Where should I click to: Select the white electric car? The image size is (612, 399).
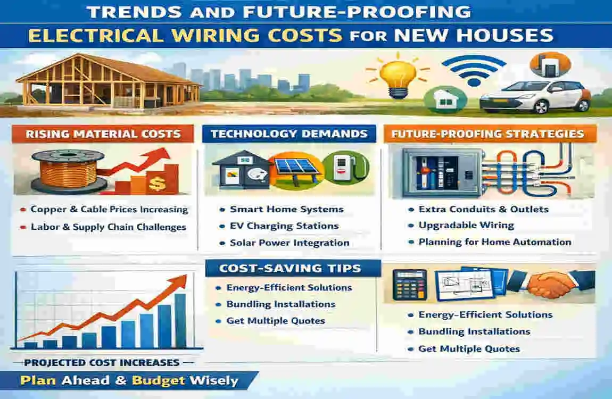[x=535, y=97]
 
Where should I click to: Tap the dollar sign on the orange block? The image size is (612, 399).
[x=158, y=184]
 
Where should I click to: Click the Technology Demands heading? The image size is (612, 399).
[x=289, y=134]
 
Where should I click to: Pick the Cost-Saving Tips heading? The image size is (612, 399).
[x=290, y=268]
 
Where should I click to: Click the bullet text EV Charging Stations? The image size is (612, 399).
[x=284, y=226]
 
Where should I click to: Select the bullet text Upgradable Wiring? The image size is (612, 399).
[x=466, y=225]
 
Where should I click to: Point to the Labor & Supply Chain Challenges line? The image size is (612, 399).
[x=109, y=227]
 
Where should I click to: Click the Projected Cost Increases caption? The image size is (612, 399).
[x=102, y=363]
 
